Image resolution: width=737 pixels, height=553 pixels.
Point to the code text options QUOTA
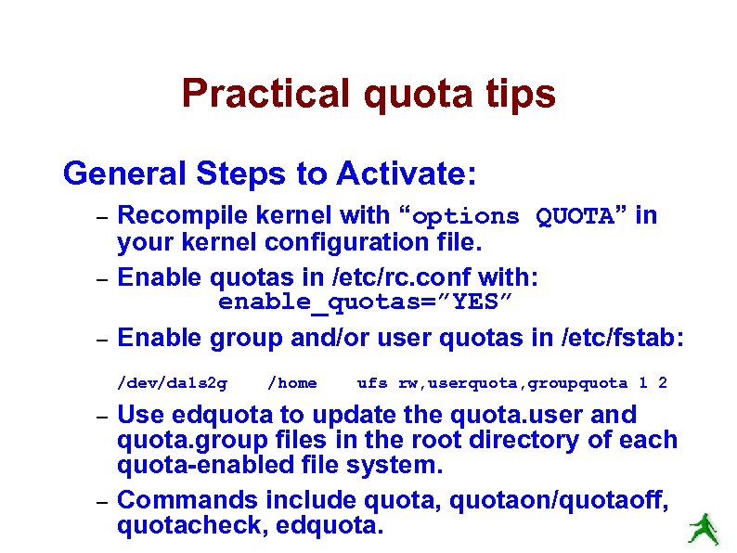coord(512,217)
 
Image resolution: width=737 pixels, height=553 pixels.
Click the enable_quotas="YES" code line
coord(365,302)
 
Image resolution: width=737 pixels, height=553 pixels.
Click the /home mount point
coord(291,383)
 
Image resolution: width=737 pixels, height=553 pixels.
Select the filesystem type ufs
coord(372,383)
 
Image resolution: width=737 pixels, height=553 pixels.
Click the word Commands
coord(187,500)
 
